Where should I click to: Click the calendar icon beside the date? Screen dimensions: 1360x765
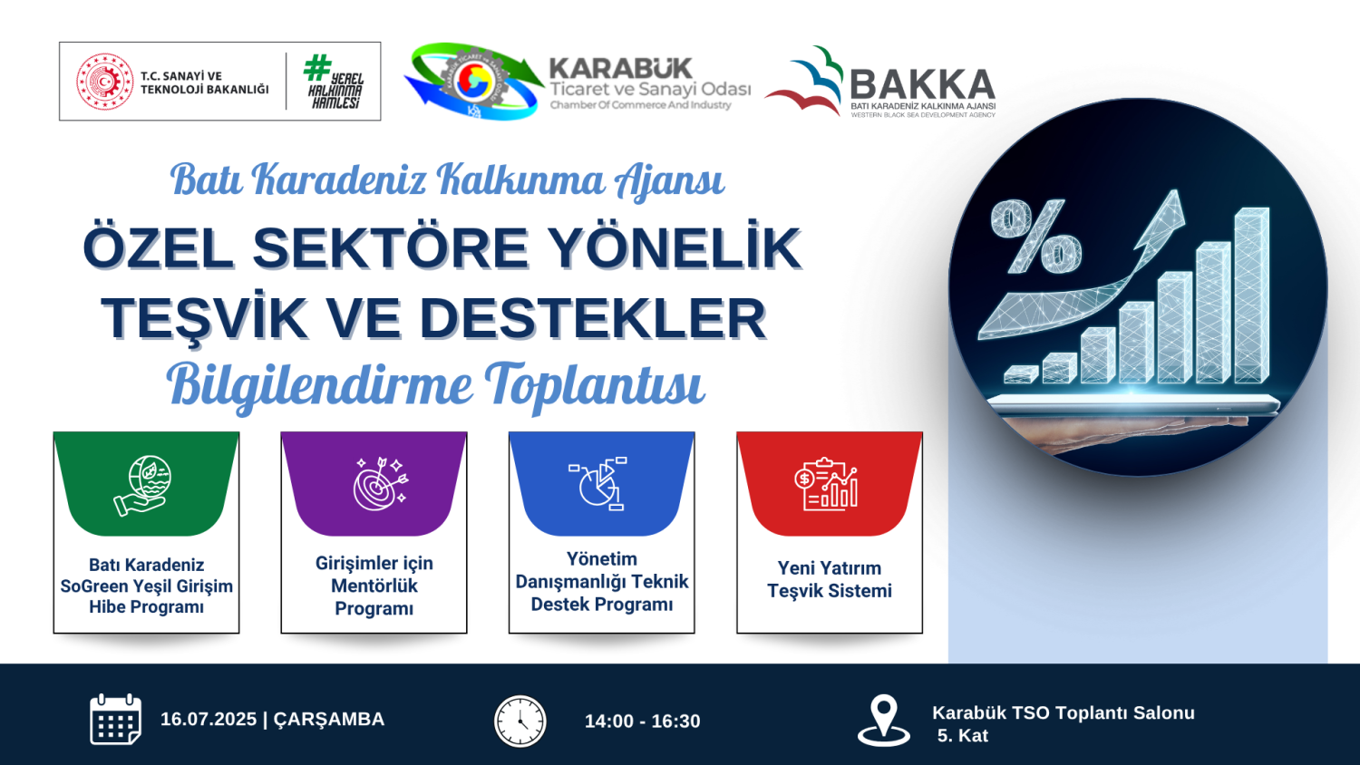click(x=115, y=720)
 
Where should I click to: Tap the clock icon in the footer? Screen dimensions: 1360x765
click(x=520, y=721)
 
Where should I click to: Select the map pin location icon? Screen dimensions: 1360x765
click(x=883, y=720)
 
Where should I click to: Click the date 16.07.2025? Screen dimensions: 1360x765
click(x=209, y=720)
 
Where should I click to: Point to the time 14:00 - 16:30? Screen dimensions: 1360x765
click(x=642, y=721)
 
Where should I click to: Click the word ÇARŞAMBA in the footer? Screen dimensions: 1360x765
click(x=329, y=721)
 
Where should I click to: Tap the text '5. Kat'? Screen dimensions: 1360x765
click(x=963, y=736)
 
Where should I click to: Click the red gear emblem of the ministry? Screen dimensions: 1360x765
click(x=104, y=82)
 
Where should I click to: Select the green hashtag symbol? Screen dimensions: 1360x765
click(x=317, y=67)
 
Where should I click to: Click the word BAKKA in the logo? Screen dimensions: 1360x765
click(x=922, y=84)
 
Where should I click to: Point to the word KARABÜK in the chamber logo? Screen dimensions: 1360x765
click(x=620, y=68)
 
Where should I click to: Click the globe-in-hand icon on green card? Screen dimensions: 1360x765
click(x=142, y=487)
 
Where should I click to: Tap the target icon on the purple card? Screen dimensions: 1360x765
click(x=380, y=484)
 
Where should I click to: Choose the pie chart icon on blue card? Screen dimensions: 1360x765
click(x=598, y=484)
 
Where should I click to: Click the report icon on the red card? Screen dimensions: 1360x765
click(x=826, y=484)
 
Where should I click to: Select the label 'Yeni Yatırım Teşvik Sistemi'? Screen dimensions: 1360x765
click(x=830, y=579)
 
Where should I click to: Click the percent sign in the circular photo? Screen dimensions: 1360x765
click(x=1035, y=237)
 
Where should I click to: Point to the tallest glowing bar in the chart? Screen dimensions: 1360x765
click(x=1251, y=295)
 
